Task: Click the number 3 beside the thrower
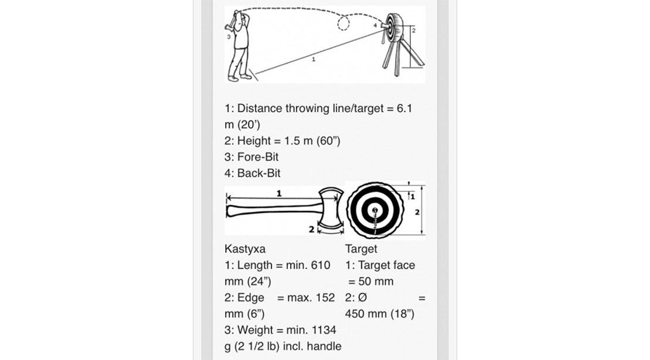point(229,36)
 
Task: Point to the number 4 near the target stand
point(375,26)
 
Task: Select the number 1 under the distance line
point(313,60)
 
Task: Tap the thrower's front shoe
point(233,77)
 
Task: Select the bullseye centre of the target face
point(375,210)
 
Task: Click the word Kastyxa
point(245,249)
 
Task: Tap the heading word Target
point(362,249)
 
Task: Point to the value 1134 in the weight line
point(323,330)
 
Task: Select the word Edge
point(251,297)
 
